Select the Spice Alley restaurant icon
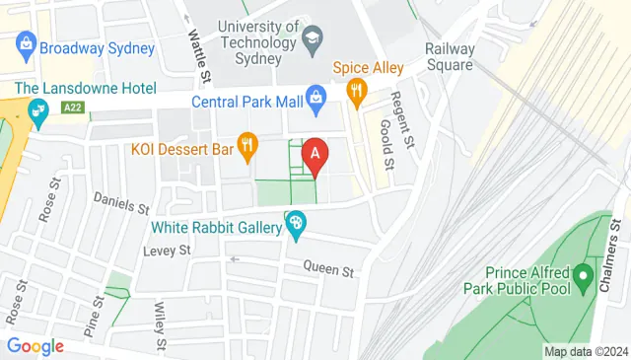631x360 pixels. [357, 93]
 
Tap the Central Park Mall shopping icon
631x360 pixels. [315, 96]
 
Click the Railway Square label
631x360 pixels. [449, 57]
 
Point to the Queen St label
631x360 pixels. [327, 265]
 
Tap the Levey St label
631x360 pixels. [166, 251]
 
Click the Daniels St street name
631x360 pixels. [120, 209]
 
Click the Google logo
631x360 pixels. [35, 346]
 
